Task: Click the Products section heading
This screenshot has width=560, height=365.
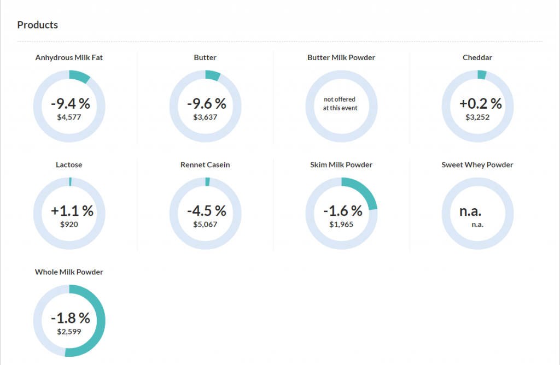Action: (38, 25)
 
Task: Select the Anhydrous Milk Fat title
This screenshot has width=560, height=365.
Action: (69, 57)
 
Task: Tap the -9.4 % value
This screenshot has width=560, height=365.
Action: (71, 103)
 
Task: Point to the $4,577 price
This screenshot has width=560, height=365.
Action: (69, 116)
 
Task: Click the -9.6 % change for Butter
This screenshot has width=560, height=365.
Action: (206, 103)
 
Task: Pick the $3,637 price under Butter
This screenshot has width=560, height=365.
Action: (205, 116)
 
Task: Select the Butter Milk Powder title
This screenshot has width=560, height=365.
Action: (341, 57)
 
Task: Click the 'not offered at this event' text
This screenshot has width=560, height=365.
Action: (340, 103)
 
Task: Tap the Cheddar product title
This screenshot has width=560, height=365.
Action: (477, 57)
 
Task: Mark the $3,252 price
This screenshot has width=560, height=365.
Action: (477, 116)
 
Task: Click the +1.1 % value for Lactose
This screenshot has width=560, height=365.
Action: (72, 210)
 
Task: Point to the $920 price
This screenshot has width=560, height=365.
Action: (69, 223)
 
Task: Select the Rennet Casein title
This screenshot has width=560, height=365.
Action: (205, 164)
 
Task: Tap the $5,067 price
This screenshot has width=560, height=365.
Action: (205, 223)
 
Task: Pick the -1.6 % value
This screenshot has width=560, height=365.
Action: (343, 210)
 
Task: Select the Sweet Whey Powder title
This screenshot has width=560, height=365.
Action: (477, 164)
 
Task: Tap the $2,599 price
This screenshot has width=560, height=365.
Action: (69, 331)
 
